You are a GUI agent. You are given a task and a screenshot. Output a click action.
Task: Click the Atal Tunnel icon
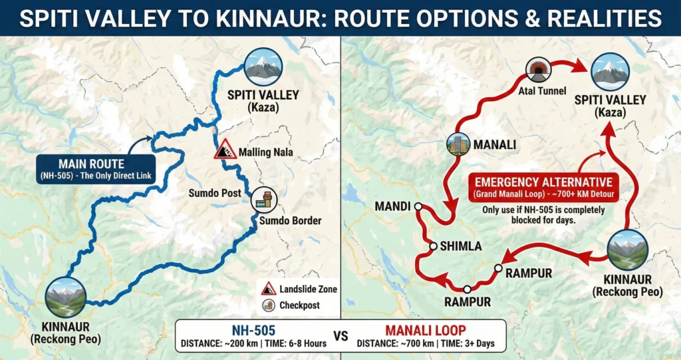537,70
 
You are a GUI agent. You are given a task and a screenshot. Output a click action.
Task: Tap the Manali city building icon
458,144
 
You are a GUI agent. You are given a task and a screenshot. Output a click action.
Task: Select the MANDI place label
392,206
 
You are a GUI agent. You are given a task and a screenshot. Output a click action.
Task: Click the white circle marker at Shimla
433,246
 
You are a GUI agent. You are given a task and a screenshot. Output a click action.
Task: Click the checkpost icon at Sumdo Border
263,199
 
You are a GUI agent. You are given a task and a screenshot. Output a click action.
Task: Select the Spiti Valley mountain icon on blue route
263,67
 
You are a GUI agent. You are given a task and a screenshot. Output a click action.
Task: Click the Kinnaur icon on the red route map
628,250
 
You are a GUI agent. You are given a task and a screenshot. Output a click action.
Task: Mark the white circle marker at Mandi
418,207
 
